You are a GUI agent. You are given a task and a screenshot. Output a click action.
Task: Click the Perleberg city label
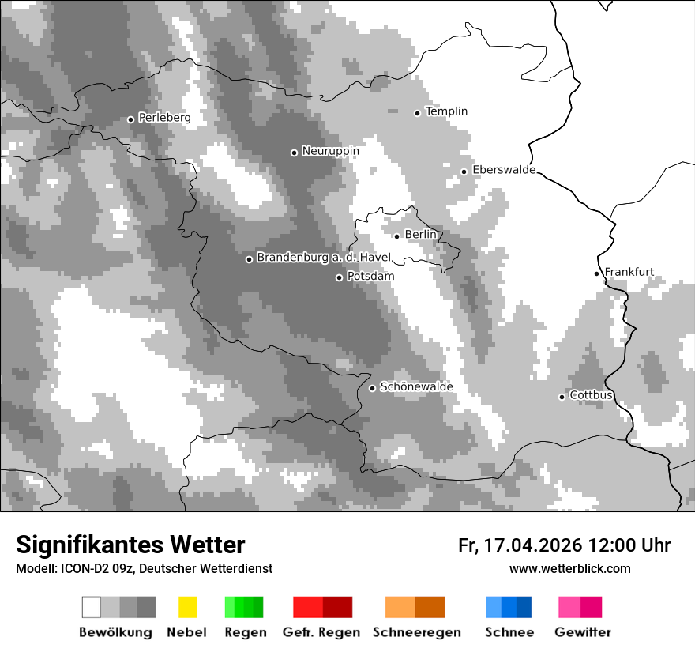click(x=164, y=118)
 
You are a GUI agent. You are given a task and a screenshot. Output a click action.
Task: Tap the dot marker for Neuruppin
click(x=294, y=153)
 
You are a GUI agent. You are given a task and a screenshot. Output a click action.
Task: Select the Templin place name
click(x=446, y=111)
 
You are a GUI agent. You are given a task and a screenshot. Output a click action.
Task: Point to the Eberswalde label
click(x=503, y=170)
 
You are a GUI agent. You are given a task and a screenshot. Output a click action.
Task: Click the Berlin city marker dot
click(x=396, y=236)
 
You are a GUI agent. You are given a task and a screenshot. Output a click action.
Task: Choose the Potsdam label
click(x=370, y=277)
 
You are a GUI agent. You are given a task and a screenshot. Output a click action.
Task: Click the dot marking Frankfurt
click(x=597, y=273)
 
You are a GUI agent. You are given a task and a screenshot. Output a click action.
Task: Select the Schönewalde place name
click(x=416, y=387)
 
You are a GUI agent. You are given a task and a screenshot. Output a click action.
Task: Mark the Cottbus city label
click(x=592, y=395)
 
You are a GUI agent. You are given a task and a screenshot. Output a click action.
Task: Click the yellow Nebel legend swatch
click(x=187, y=607)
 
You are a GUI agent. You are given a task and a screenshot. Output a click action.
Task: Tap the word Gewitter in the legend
click(x=583, y=632)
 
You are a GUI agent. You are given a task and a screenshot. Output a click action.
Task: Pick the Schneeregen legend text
click(x=417, y=632)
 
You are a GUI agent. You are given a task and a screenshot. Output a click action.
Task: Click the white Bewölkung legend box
click(x=92, y=607)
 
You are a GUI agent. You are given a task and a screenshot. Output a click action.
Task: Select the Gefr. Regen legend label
click(x=321, y=632)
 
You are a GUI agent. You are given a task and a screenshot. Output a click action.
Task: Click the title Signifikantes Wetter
click(x=130, y=545)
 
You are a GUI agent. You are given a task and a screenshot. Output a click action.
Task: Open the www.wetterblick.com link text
click(x=569, y=569)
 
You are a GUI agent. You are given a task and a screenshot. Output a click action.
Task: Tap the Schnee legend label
click(x=509, y=632)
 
